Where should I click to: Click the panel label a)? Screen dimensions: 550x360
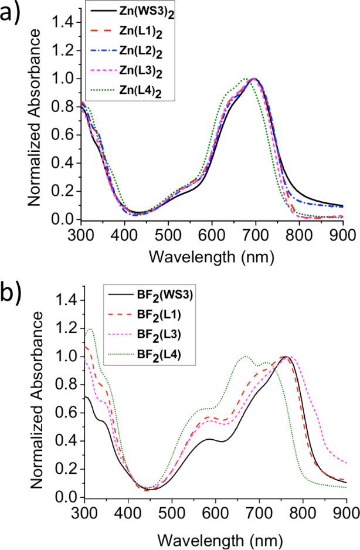(x=13, y=13)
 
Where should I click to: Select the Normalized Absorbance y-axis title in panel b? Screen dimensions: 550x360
(x=36, y=398)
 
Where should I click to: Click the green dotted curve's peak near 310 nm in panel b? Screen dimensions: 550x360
(x=90, y=329)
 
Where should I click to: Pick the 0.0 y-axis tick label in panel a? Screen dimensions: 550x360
(x=63, y=219)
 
